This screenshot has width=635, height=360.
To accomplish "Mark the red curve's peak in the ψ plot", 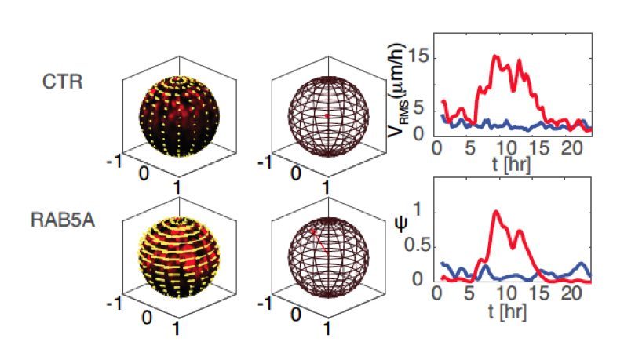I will pos(495,211).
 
